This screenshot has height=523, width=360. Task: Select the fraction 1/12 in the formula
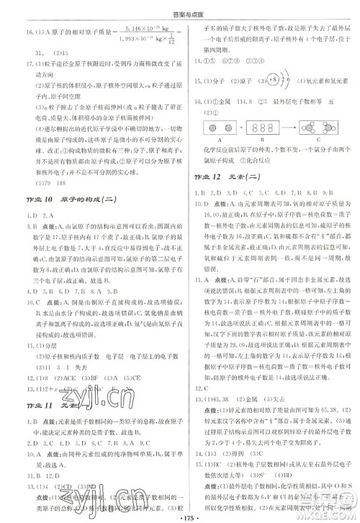pos(163,39)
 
